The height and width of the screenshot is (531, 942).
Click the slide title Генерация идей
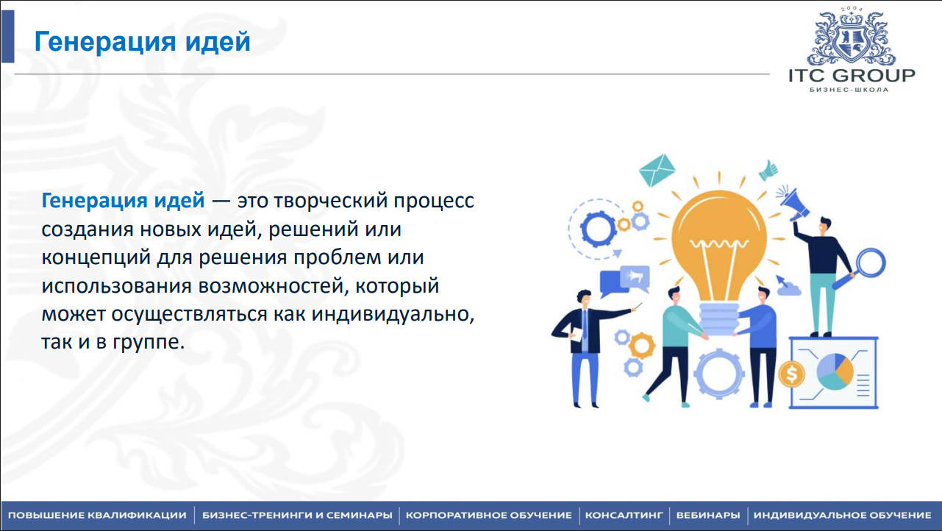coord(142,42)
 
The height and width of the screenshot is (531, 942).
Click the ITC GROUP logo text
coord(852,76)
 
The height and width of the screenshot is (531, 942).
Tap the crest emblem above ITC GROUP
coord(851,38)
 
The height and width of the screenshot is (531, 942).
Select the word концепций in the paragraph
coord(96,257)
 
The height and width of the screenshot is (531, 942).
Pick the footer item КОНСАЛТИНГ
coord(624,516)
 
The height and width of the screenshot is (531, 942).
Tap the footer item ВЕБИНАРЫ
coord(708,516)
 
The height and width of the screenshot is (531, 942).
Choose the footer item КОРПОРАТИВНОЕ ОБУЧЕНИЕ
coord(489,516)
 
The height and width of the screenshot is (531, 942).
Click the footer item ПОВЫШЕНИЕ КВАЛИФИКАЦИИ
coord(97,516)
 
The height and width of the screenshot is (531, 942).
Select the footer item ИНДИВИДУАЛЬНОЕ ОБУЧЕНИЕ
coord(842,516)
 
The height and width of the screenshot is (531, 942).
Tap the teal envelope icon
coord(657,170)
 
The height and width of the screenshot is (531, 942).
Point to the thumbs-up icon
coord(768,171)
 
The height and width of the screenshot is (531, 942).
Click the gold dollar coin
coord(791,374)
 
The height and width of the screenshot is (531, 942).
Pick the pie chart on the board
coord(835,371)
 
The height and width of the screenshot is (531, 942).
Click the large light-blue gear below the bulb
coord(719,374)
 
